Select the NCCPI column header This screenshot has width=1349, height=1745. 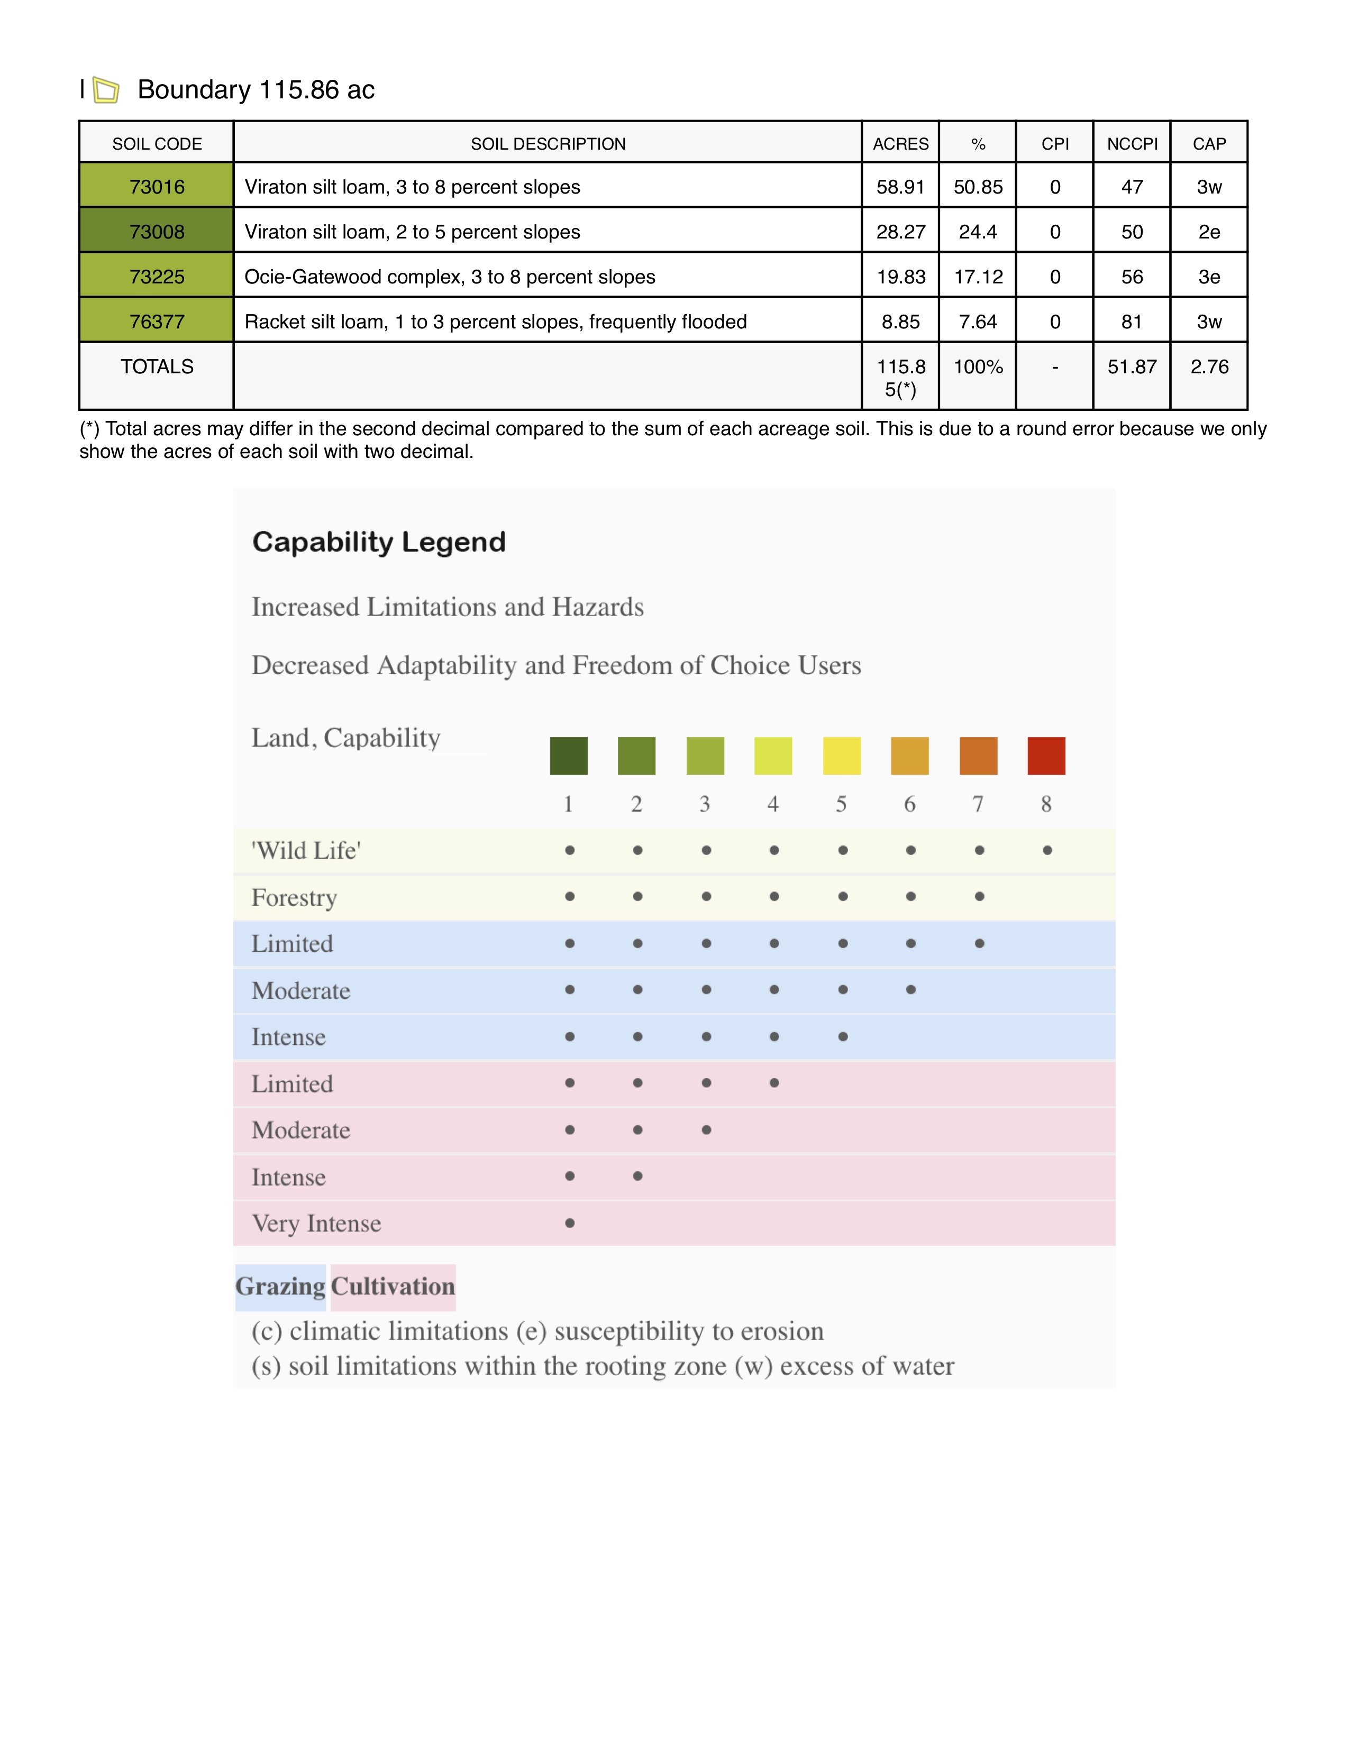click(x=1132, y=144)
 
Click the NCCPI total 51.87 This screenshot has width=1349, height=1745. click(x=1132, y=367)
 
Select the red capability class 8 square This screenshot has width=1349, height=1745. click(x=1046, y=756)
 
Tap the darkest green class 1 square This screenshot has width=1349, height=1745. click(x=568, y=756)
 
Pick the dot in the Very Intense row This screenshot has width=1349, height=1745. click(x=569, y=1223)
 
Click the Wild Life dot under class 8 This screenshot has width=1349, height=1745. click(x=1047, y=850)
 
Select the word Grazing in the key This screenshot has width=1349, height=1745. click(x=280, y=1287)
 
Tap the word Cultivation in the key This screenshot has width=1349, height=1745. click(x=393, y=1287)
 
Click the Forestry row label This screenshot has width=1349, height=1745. click(x=294, y=897)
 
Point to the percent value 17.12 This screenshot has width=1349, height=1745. click(x=978, y=277)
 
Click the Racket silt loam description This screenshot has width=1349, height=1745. click(x=496, y=322)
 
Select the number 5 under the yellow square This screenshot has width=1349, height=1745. click(x=842, y=804)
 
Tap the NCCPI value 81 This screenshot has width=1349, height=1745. click(x=1132, y=322)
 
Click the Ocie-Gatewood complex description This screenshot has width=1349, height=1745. click(x=449, y=277)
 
